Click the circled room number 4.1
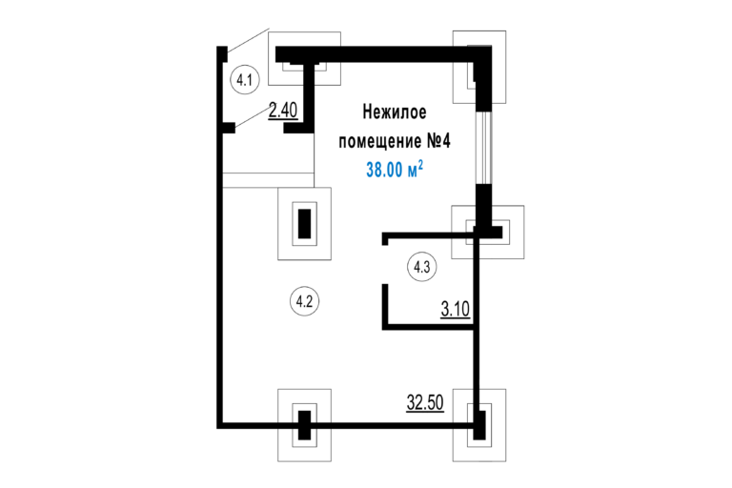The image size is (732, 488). click(245, 80)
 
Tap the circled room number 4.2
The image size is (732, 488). click(304, 302)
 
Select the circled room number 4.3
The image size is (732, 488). click(422, 267)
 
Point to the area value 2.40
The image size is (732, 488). click(283, 111)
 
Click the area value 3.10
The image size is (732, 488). click(456, 309)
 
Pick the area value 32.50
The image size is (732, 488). click(425, 402)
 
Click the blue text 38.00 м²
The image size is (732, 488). click(395, 169)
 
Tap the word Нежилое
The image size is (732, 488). click(395, 112)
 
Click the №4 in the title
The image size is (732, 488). click(438, 140)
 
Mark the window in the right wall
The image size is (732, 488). click(483, 148)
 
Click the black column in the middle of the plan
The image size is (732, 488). click(304, 224)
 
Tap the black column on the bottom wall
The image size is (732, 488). click(304, 425)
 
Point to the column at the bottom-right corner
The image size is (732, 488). click(479, 425)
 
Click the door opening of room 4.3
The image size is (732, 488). click(385, 264)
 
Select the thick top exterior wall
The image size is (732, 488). click(383, 54)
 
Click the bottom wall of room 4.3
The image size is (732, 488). click(428, 327)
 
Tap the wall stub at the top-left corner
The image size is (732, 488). click(222, 53)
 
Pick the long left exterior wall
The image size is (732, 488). click(219, 237)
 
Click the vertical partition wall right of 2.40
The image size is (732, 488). click(309, 96)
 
